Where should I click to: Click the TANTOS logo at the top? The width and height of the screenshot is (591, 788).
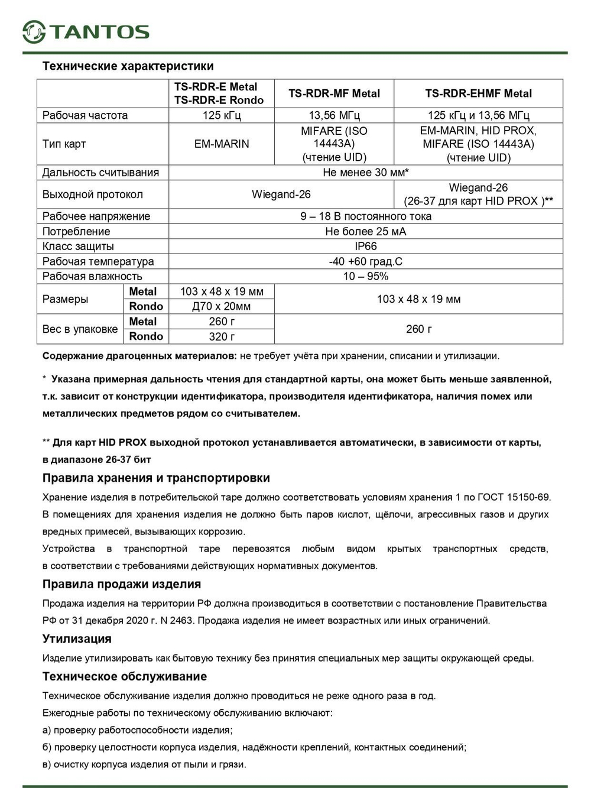tap(86, 31)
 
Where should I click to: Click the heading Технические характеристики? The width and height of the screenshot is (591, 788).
tap(128, 66)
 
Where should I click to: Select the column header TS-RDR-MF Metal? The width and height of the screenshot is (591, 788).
tap(334, 93)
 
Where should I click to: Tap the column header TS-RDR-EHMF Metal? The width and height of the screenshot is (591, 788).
tap(478, 93)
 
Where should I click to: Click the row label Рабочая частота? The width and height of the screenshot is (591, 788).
tap(85, 115)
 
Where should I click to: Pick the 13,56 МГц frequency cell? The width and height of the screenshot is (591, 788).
tap(334, 115)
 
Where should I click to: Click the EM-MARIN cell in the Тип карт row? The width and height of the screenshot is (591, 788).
tap(222, 144)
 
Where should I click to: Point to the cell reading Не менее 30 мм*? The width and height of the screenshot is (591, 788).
tap(365, 173)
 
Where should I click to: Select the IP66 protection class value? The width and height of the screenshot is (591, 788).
tap(365, 247)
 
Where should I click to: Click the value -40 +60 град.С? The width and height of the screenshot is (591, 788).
tap(365, 261)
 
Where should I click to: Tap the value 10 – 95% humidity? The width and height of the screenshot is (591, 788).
tap(365, 276)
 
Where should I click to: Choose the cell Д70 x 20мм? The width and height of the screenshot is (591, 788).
tap(222, 306)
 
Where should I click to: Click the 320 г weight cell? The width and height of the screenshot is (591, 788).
tap(222, 336)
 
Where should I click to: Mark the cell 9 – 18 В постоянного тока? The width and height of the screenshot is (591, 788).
tap(365, 216)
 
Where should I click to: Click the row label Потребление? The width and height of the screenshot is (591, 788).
tap(76, 232)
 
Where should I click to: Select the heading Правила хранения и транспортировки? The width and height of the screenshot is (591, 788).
tap(156, 478)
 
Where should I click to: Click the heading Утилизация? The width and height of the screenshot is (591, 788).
tap(77, 639)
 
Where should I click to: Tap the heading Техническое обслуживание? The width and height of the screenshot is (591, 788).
tap(125, 677)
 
